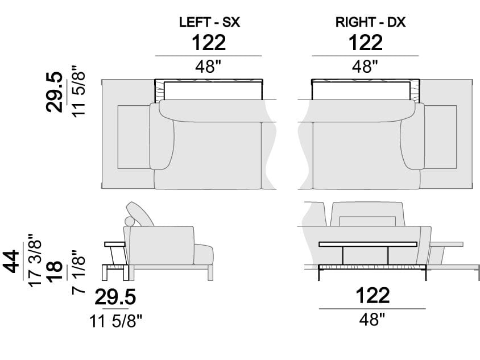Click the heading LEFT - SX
tap(208, 23)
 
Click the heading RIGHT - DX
tap(370, 23)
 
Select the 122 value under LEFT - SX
tap(208, 43)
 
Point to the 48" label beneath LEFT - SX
tap(208, 67)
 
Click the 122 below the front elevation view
tap(373, 295)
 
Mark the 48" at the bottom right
tap(373, 320)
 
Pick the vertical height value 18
tap(55, 268)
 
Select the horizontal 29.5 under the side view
tap(115, 297)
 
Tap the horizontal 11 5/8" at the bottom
tap(115, 321)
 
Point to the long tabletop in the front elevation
tap(373, 245)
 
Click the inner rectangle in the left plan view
tap(133, 136)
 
